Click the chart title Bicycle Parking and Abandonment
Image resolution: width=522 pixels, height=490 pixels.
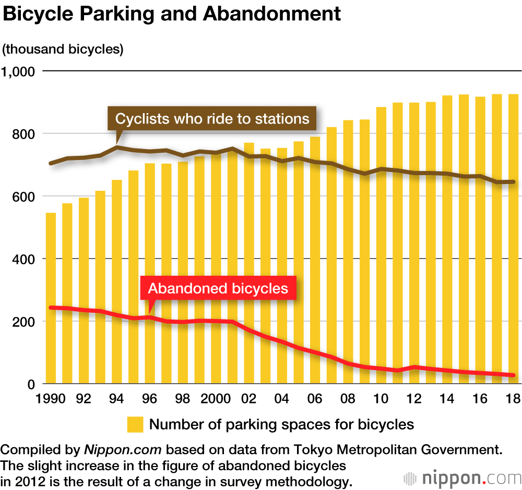pos(172,15)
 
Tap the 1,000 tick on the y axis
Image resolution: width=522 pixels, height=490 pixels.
pos(20,71)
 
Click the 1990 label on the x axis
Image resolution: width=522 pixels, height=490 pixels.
pos(51,399)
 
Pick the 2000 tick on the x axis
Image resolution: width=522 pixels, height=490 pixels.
pos(216,399)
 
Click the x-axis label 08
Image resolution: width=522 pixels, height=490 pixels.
pos(348,399)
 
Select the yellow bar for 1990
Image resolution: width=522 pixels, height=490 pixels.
pos(51,297)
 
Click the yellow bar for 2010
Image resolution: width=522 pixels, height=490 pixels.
pos(381,245)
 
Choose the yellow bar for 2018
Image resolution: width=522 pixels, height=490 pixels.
pos(513,235)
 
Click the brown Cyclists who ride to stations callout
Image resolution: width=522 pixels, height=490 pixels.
pos(212,119)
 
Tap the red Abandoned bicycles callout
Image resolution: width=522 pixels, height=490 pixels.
pos(218,288)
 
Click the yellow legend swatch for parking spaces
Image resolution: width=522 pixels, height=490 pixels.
pos(135,424)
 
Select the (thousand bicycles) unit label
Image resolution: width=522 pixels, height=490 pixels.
pos(63,50)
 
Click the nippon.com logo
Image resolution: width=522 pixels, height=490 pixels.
pos(462,477)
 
